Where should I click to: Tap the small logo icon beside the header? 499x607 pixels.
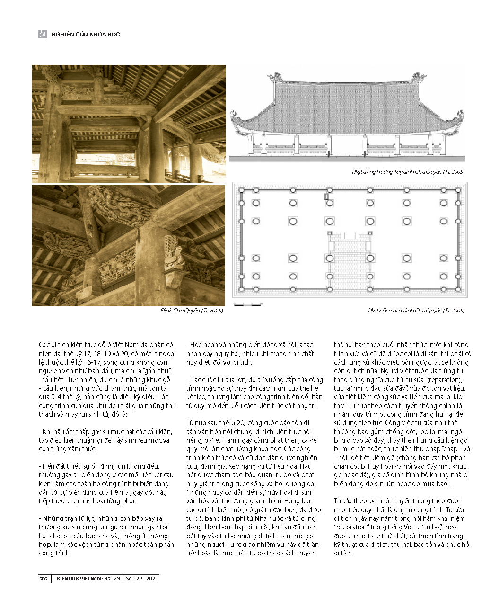43,34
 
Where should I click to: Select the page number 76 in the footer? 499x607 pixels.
44,578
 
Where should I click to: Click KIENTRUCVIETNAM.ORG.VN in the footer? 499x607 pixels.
88,578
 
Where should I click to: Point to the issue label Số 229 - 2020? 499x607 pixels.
142,578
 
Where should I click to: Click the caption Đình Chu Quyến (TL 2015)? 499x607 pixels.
192,311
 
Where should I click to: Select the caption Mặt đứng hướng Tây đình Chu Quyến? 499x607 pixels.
408,172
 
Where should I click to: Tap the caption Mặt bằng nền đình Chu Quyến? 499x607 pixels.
416,311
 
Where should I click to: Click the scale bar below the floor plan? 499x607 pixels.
247,305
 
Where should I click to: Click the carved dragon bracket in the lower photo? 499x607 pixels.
118,206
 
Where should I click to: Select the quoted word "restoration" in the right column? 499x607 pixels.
351,527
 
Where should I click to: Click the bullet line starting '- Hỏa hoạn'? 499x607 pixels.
250,353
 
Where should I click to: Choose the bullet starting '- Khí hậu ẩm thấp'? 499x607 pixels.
106,440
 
